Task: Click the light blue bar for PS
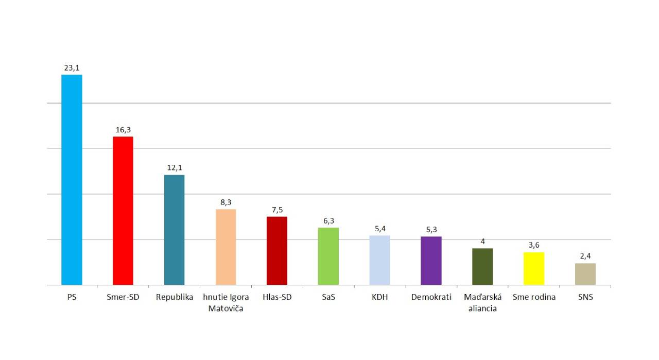point(72,180)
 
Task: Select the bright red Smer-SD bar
point(123,211)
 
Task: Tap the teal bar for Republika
point(174,230)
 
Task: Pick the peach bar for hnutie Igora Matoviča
point(226,247)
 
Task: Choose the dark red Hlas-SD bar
point(277,251)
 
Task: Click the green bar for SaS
point(328,256)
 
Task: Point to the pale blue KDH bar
point(379,260)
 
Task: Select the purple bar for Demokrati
point(431,261)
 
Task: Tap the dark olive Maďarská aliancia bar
point(482,267)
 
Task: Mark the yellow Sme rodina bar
point(534,268)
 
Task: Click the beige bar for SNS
point(585,274)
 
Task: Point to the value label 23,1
point(72,67)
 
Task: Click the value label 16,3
point(123,130)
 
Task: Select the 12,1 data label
point(175,168)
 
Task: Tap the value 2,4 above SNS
point(585,256)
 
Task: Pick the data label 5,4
point(380,229)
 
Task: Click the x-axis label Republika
point(175,297)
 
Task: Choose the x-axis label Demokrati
point(431,297)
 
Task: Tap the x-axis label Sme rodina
point(534,297)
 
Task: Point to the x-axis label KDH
point(380,297)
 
